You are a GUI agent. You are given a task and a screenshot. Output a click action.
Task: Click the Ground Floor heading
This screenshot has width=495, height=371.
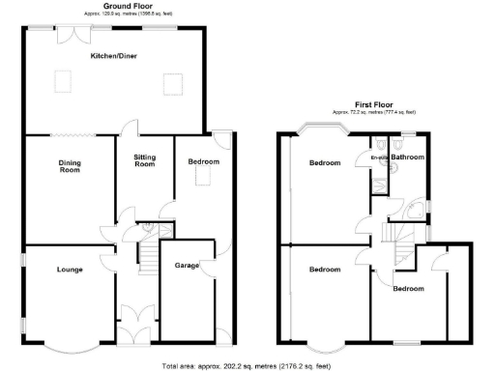(x=115, y=7)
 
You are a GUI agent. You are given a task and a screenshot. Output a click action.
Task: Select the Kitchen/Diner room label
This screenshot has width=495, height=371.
(x=113, y=57)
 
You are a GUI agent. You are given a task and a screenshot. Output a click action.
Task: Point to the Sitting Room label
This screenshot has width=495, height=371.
(x=144, y=161)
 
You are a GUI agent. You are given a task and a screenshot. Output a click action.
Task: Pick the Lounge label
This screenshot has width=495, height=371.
(x=69, y=269)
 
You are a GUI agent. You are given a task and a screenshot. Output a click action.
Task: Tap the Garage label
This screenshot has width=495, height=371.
(x=187, y=265)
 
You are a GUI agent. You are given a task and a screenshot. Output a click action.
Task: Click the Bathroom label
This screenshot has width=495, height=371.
(x=408, y=157)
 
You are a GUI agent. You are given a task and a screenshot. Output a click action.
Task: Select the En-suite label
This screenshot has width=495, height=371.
(x=378, y=157)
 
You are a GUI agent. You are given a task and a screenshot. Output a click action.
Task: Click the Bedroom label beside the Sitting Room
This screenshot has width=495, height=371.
(x=203, y=161)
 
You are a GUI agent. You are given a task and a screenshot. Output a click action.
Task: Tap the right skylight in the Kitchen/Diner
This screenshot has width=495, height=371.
(x=174, y=85)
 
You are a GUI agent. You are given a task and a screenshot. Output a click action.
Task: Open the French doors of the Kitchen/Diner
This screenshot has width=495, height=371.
(x=72, y=34)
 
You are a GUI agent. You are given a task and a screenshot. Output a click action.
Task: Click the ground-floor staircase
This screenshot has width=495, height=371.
(x=147, y=255)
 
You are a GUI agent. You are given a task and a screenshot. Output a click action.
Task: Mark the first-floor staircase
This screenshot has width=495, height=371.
(x=393, y=232)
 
